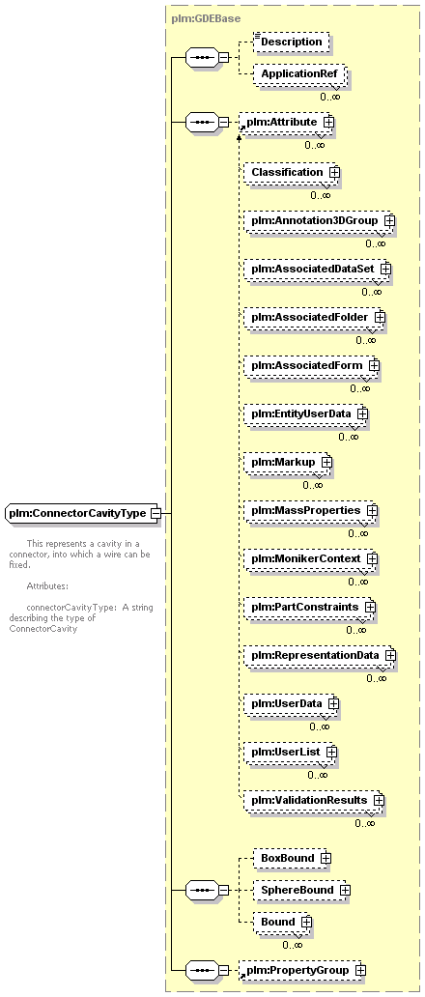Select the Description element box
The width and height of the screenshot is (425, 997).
[291, 42]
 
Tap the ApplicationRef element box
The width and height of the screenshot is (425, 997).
[299, 74]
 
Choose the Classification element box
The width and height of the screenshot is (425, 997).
[292, 172]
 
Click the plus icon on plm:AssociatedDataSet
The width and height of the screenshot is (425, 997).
[385, 269]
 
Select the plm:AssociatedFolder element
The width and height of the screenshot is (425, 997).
[315, 317]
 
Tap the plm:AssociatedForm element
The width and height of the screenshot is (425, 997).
[311, 365]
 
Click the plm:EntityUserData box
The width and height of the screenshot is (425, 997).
[305, 413]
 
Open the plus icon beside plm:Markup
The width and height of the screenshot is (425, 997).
[326, 462]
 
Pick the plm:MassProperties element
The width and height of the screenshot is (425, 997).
[311, 511]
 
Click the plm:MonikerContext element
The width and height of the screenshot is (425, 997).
[311, 559]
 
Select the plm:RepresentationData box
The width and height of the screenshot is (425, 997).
[320, 656]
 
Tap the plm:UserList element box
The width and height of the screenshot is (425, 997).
[291, 753]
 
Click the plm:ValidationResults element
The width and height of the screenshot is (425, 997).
[314, 801]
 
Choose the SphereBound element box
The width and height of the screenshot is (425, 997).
[301, 890]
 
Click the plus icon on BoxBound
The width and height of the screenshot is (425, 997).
[326, 858]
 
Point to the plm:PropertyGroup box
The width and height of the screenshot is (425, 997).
[302, 970]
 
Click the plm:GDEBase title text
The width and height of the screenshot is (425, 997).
[197, 18]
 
